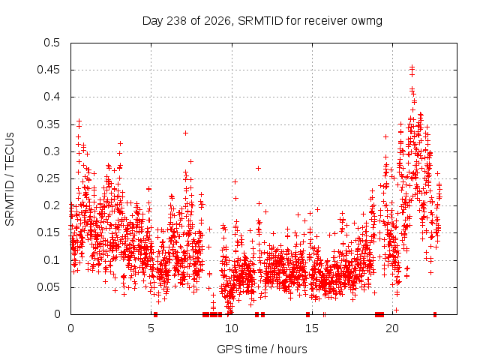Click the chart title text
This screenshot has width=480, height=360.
pos(262,21)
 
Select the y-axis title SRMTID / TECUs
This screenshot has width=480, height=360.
pos(10,179)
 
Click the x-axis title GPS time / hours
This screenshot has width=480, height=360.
pos(262,349)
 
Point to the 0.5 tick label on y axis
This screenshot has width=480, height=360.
pos(52,43)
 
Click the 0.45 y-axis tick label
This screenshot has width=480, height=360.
pos(48,70)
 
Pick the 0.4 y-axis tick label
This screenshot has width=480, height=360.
pos(52,97)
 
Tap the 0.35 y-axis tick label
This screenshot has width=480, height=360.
pos(48,124)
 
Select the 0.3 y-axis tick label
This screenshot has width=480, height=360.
pos(52,151)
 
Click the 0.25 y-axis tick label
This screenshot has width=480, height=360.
pos(48,178)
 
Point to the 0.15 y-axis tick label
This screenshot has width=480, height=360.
pos(48,232)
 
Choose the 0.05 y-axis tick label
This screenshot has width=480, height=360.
pos(48,287)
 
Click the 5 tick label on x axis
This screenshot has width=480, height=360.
pos(151,328)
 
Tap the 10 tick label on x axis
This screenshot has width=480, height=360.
pos(232,328)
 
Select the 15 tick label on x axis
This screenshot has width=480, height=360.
pos(312,328)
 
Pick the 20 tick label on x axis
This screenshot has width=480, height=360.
pos(392,328)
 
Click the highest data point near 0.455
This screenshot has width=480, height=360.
pos(412,67)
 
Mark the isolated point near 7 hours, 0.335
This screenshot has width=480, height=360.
pos(185,133)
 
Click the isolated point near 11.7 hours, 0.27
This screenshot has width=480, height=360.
pos(258,168)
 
